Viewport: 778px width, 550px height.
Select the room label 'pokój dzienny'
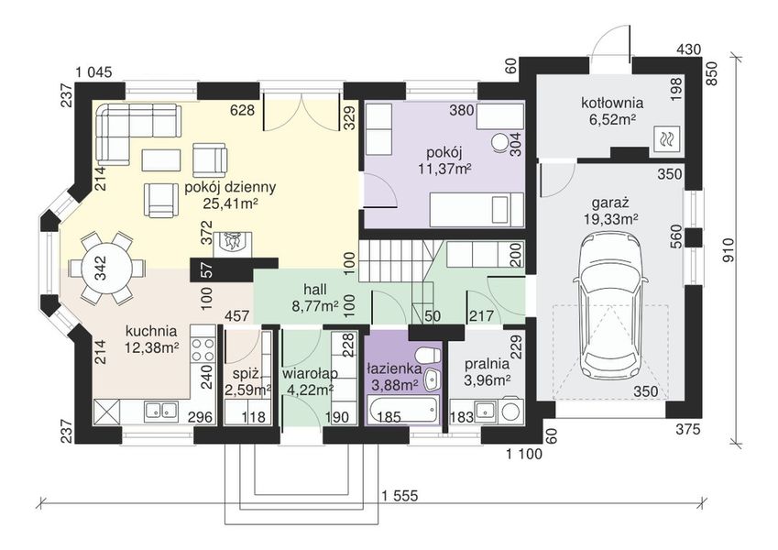[230, 187]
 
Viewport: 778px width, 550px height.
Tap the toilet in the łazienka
[427, 356]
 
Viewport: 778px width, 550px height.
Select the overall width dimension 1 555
[400, 495]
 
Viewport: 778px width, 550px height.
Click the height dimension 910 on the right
[729, 249]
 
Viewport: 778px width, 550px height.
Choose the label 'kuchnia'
[151, 331]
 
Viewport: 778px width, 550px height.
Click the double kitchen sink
[161, 411]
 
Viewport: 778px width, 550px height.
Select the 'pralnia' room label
[487, 364]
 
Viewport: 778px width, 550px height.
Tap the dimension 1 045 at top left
[94, 72]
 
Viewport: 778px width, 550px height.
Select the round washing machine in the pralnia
[511, 411]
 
